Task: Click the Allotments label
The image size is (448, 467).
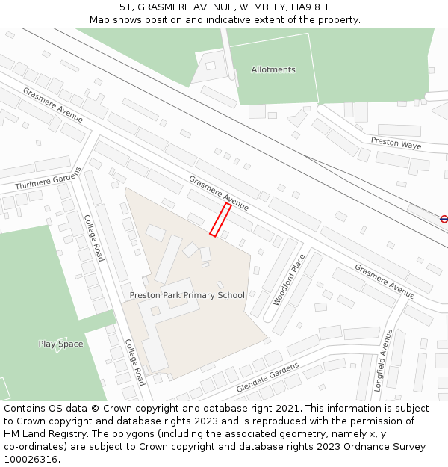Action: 273,69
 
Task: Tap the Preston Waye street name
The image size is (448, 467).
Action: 396,143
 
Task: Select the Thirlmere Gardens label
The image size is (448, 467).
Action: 48,178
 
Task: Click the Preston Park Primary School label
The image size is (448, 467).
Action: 187,295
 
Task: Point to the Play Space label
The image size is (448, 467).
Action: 60,344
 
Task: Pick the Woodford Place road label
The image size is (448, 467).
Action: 289,279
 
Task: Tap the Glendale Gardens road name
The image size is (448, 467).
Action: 267,378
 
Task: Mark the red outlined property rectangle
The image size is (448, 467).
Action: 220,220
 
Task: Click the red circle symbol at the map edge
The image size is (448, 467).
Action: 444,219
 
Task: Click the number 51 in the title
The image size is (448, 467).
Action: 125,7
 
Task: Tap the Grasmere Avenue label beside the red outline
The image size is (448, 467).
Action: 218,193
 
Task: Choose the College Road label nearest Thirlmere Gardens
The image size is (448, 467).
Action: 94,238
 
